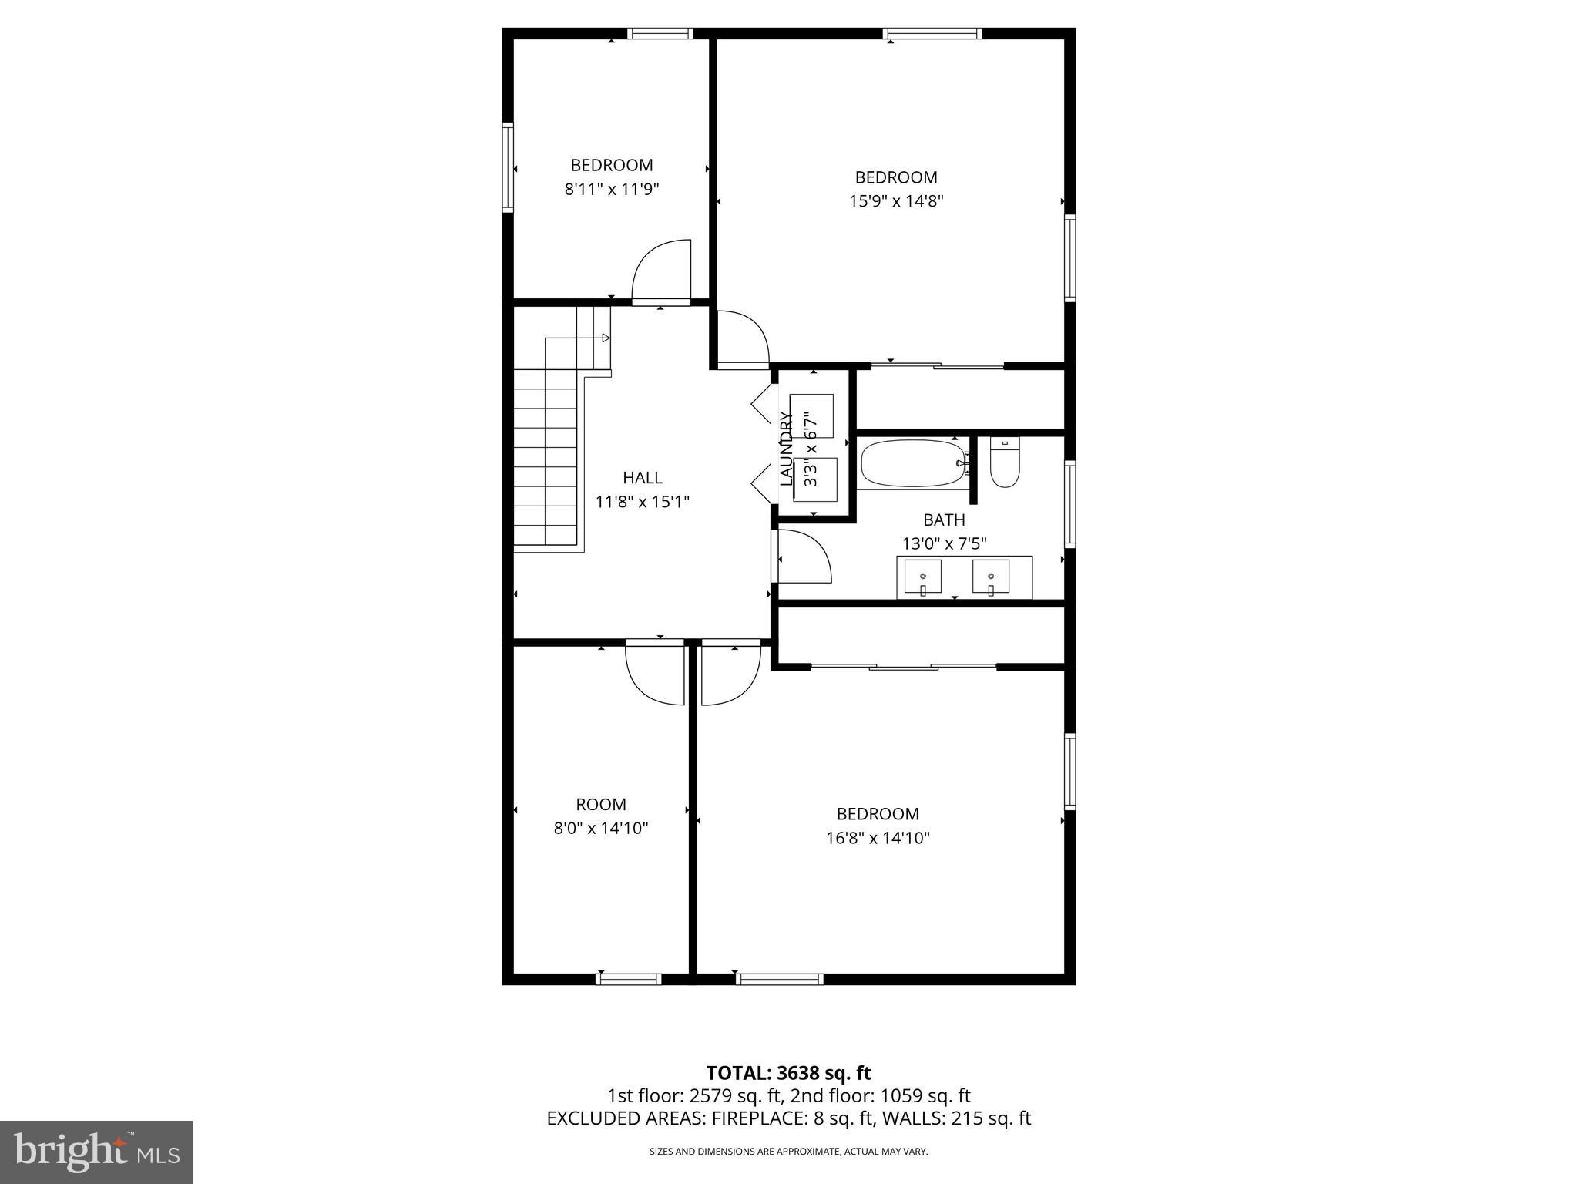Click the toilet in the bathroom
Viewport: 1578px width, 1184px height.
1005,463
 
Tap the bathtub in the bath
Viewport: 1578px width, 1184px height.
912,462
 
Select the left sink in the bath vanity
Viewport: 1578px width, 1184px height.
922,577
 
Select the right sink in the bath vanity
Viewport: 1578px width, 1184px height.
991,577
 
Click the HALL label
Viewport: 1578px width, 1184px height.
642,478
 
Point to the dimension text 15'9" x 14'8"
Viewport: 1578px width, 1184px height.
896,201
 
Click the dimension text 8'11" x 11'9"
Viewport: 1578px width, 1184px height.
612,189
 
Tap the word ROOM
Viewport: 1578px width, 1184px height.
601,805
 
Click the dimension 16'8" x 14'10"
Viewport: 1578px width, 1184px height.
878,838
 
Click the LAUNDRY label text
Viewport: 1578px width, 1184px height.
786,449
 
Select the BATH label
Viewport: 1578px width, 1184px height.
944,520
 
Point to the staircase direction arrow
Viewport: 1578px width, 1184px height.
606,338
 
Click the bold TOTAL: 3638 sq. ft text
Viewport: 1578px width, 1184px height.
788,1073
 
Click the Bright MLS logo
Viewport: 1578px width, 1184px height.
96,1152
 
